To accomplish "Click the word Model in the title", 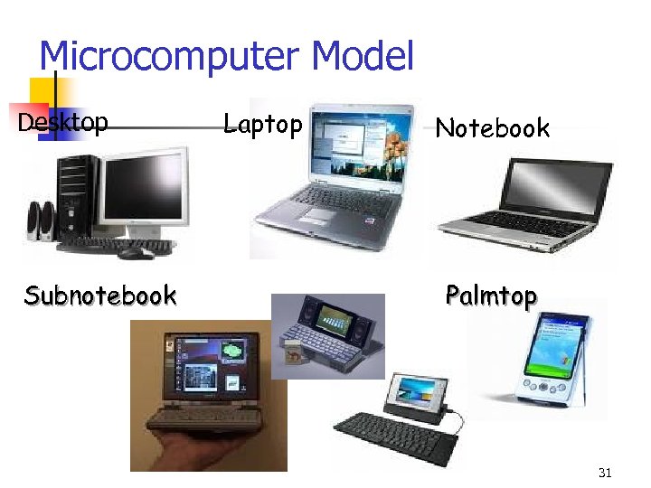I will (362, 56).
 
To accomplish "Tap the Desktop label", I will (63, 122).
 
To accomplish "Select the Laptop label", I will (262, 124).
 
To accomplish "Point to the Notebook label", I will (492, 128).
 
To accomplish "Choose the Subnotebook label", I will (100, 296).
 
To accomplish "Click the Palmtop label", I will (491, 296).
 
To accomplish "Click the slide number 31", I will (605, 473).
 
